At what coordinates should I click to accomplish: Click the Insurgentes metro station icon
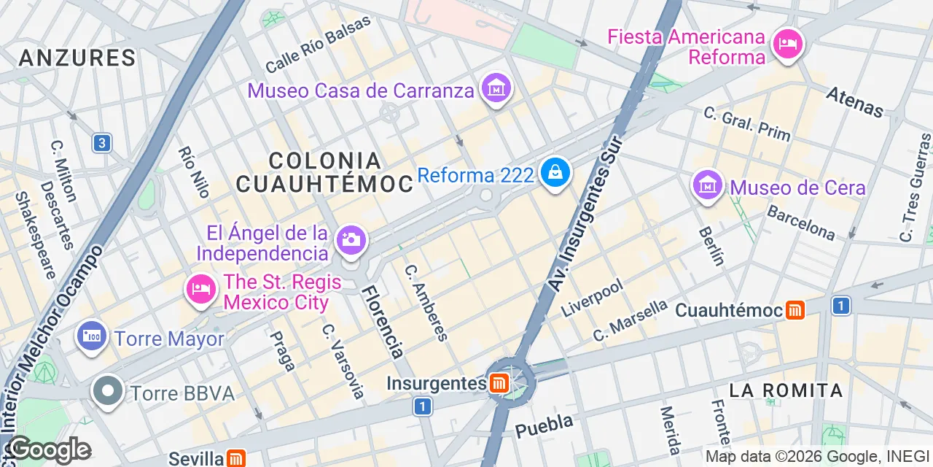point(499,383)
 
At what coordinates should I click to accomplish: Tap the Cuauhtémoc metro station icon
point(795,310)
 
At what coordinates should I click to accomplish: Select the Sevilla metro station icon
point(235,458)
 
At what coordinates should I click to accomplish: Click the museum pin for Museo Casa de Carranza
point(497,89)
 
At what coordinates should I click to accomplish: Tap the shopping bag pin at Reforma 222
point(555,174)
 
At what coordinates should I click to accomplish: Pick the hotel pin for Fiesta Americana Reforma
point(787,45)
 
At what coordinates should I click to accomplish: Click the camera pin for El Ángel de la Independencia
point(351,240)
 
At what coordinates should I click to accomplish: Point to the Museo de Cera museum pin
point(707,186)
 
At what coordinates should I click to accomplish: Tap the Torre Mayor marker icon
point(92,337)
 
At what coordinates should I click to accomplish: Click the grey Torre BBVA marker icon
point(108,392)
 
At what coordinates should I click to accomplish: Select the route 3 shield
point(102,143)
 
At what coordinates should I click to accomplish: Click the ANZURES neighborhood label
point(77,58)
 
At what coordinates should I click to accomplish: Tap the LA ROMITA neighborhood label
point(786,390)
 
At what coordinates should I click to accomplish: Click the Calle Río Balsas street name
point(318,45)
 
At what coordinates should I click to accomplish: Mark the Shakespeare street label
point(35,235)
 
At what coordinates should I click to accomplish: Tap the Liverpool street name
point(592,298)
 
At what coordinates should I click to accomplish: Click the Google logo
point(49,450)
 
